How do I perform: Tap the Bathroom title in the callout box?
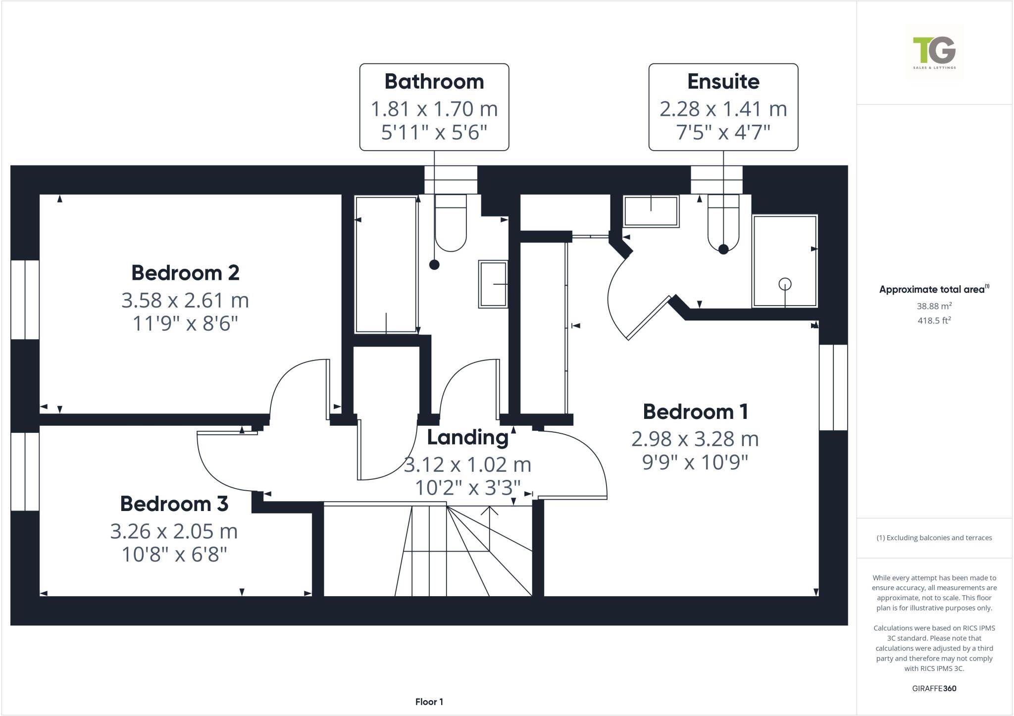[434, 82]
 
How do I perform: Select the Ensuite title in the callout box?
[723, 82]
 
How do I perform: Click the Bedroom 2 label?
[185, 273]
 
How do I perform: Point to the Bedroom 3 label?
[174, 504]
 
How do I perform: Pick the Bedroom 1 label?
[695, 412]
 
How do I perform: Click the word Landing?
[467, 438]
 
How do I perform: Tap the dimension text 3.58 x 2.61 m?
[185, 301]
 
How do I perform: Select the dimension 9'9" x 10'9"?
[695, 462]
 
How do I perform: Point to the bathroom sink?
[493, 284]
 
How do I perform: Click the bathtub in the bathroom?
[386, 265]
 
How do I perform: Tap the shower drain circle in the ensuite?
[785, 284]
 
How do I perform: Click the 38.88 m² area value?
[934, 307]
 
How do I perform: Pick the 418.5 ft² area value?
[934, 321]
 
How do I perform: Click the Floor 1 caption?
[429, 702]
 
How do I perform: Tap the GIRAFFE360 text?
[934, 688]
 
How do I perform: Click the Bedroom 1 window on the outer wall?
[833, 387]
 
